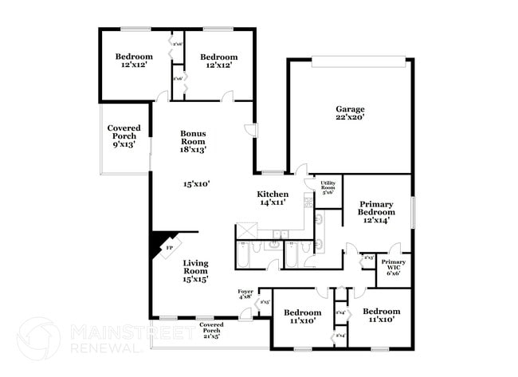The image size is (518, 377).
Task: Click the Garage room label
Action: tap(350, 109)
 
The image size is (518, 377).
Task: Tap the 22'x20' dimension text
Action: tap(350, 118)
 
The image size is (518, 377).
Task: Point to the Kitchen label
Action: tap(272, 194)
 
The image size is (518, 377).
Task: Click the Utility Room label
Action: tap(328, 187)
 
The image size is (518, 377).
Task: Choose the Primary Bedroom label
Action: tap(376, 208)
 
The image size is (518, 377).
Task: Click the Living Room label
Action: tap(195, 267)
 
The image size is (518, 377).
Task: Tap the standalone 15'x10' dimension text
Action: tap(195, 184)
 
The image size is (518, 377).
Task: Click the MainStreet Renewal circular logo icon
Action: tap(37, 338)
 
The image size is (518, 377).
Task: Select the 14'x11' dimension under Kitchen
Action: tap(272, 203)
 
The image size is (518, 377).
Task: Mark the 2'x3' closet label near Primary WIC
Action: tap(369, 257)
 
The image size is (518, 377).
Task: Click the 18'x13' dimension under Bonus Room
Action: tap(193, 149)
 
